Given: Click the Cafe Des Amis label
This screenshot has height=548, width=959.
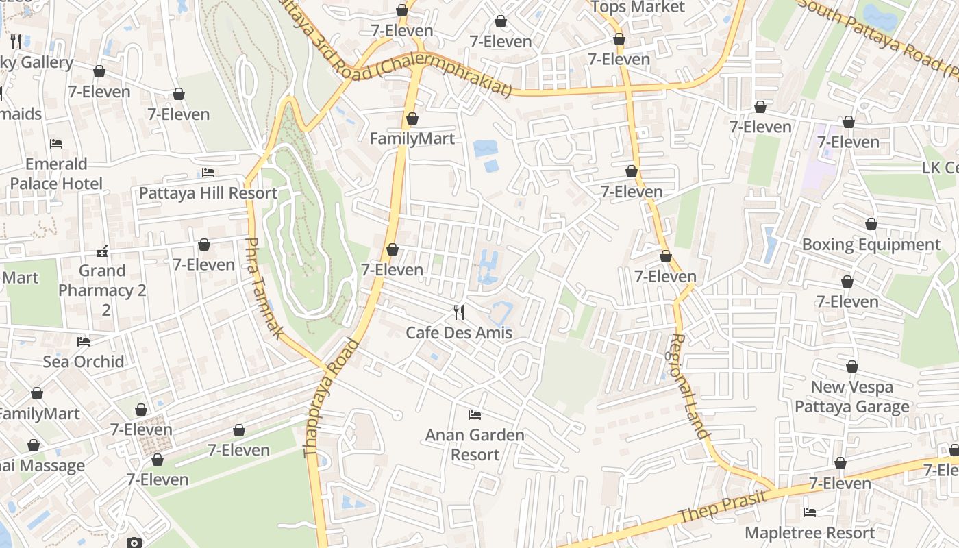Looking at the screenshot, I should (x=459, y=333).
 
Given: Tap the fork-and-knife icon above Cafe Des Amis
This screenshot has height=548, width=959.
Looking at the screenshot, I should (x=459, y=312).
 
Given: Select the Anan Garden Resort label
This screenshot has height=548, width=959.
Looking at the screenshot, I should (x=475, y=445).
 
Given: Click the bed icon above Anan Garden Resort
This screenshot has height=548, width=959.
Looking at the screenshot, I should (x=474, y=415).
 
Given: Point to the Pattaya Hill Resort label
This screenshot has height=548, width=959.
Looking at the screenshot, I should (x=208, y=193).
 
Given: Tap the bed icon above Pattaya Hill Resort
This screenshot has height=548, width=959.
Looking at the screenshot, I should (x=208, y=173).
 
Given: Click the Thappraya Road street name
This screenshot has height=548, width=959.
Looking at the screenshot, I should (x=331, y=397).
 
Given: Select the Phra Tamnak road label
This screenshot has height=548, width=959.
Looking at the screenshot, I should (x=264, y=288).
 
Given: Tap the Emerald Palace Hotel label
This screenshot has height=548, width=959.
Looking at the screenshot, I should (x=56, y=174).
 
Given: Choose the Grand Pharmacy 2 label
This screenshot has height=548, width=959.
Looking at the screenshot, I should (x=103, y=290).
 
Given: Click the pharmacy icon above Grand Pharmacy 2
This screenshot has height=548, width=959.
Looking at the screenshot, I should (x=103, y=251).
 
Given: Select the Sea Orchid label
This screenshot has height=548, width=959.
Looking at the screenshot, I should (x=84, y=362).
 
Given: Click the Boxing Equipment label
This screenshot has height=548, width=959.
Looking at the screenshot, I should (x=871, y=245).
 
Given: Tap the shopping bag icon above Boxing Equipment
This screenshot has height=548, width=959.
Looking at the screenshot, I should (x=871, y=225).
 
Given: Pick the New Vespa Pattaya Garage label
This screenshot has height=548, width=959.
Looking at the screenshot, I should (x=852, y=397).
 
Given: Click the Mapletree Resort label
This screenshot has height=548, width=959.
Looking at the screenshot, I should (x=810, y=533).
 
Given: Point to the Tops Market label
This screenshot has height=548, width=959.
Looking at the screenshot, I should (x=637, y=7).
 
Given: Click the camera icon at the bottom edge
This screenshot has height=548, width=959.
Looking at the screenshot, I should (x=134, y=543).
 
